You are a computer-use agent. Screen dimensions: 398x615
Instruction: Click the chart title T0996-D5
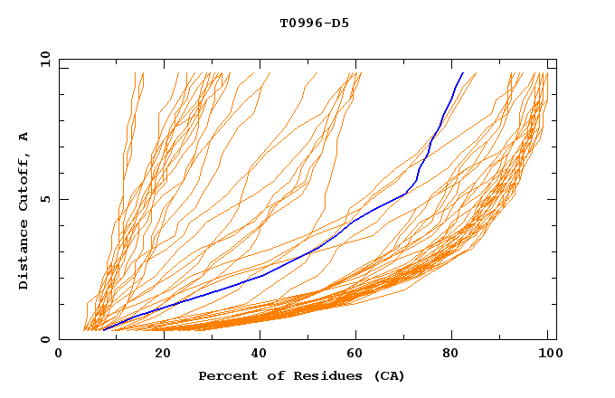pyautogui.click(x=314, y=23)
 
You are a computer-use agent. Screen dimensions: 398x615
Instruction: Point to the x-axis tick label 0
pyautogui.click(x=59, y=355)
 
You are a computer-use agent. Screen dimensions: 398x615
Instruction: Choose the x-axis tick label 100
pyautogui.click(x=550, y=355)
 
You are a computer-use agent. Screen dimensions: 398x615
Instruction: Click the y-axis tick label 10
pyautogui.click(x=44, y=59)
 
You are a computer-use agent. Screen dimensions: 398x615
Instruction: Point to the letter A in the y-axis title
pyautogui.click(x=24, y=137)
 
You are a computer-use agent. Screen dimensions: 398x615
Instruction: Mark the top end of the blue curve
pyautogui.click(x=462, y=73)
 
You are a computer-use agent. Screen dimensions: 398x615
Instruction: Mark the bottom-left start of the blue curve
pyautogui.click(x=104, y=330)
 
